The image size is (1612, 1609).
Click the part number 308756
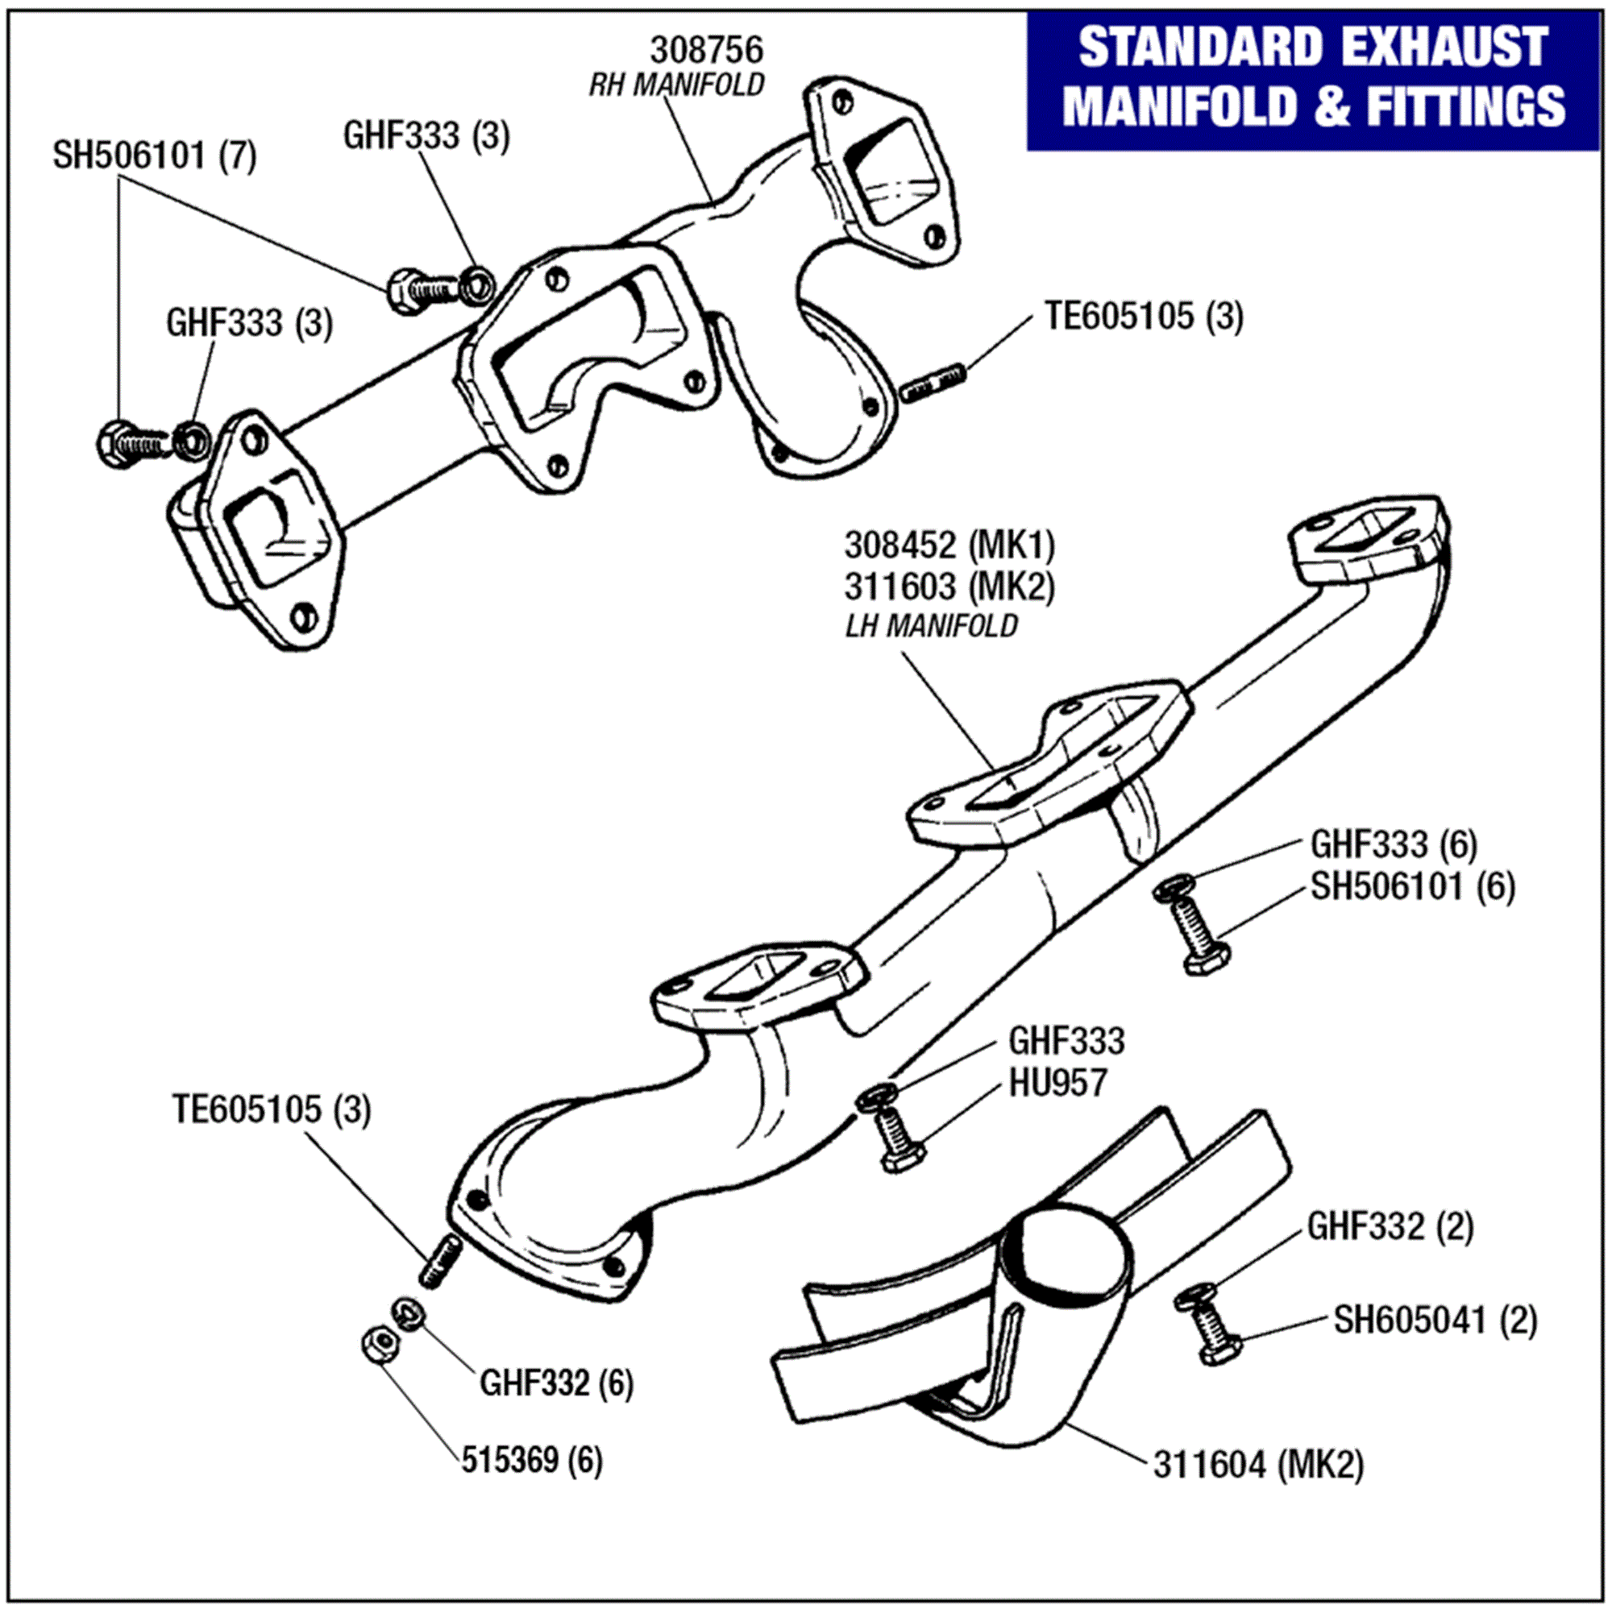tap(706, 50)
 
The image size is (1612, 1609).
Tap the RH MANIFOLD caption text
tap(676, 85)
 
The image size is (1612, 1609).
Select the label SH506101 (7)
tap(155, 156)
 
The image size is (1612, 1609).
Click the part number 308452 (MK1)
tap(949, 546)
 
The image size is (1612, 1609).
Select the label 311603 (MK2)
tap(949, 587)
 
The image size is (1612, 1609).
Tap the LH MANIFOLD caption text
tap(931, 625)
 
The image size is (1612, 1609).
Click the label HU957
tap(1057, 1083)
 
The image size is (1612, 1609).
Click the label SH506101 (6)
tap(1413, 886)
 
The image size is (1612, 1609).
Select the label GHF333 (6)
tap(1394, 844)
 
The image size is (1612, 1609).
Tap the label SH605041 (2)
tap(1435, 1321)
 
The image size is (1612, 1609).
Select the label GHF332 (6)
tap(556, 1383)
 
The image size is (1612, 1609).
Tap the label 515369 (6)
tap(531, 1461)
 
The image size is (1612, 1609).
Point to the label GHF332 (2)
tap(1390, 1227)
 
